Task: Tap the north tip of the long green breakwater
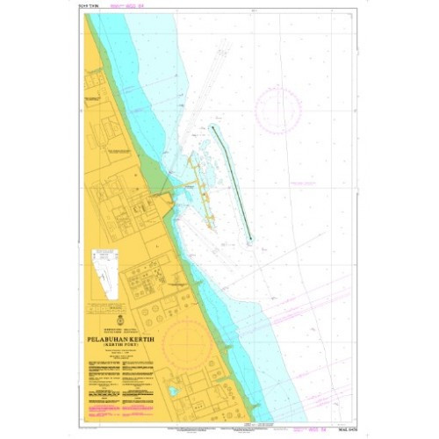tap(212, 127)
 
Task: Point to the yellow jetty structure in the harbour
tap(200, 189)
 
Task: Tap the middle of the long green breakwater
tap(231, 183)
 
